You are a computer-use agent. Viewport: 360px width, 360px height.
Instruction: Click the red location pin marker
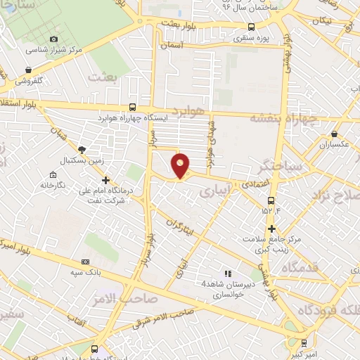181,165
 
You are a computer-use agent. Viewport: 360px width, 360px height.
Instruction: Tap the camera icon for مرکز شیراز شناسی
54,39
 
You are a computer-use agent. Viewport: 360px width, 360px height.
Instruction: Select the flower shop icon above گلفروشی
29,70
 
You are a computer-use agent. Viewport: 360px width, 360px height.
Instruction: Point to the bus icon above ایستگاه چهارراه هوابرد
133,108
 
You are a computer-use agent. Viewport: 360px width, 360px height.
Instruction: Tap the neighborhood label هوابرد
189,112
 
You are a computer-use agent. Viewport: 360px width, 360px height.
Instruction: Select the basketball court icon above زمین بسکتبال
82,149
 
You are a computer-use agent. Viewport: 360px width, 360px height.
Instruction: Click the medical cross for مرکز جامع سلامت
271,229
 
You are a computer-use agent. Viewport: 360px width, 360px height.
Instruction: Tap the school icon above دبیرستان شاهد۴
226,273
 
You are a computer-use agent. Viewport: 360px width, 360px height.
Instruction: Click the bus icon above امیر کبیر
303,343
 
